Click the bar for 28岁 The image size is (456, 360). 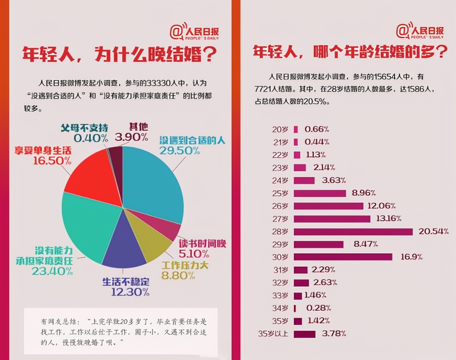353,231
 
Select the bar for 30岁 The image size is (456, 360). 342,257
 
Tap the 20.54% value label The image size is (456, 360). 433,231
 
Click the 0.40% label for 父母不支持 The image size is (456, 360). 91,137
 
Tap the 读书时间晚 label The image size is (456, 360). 202,243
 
